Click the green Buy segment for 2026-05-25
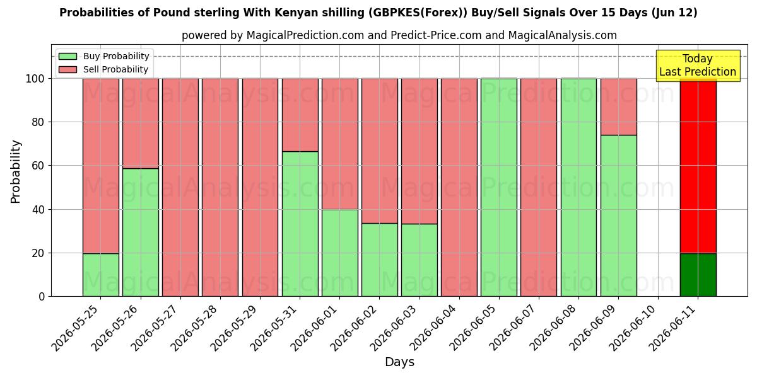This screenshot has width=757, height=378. pos(101,275)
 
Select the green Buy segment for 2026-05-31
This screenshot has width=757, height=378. pos(300,224)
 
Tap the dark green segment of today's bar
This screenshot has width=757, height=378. pos(698,275)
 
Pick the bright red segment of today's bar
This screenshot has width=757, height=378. pos(698,166)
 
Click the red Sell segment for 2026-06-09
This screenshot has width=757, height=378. pos(619,107)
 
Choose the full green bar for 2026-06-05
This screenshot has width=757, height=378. pos(499,187)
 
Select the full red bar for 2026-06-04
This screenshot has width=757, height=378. pos(459,187)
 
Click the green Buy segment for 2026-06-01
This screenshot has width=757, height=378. pos(340,253)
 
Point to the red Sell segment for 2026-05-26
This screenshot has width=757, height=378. pos(141,123)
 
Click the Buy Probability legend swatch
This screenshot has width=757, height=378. pos(67,56)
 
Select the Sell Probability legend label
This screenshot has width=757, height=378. pos(115,69)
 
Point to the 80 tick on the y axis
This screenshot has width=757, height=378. pos(38,122)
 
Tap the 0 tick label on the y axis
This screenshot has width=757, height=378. pos(42,297)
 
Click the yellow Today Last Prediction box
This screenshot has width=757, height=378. pos(698,66)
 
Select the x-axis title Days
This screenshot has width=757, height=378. pos(399,362)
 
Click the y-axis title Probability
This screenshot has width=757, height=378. pos(16,172)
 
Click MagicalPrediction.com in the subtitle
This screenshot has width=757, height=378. pos(305,35)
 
